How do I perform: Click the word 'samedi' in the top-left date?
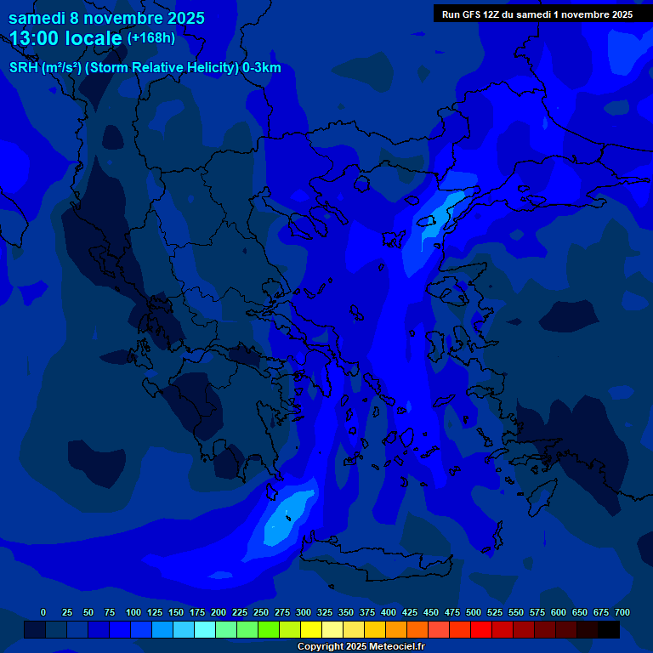[37, 18]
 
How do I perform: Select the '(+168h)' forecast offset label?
[151, 38]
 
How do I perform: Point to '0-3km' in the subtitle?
[262, 68]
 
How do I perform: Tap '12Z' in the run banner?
[492, 14]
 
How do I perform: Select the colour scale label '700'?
[622, 612]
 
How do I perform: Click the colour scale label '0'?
[43, 612]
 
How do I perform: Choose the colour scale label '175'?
[196, 612]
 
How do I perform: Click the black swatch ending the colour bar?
[609, 629]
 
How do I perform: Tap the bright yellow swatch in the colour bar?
[311, 629]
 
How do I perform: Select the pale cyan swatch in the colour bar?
[205, 629]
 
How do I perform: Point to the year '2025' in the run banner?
[616, 14]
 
